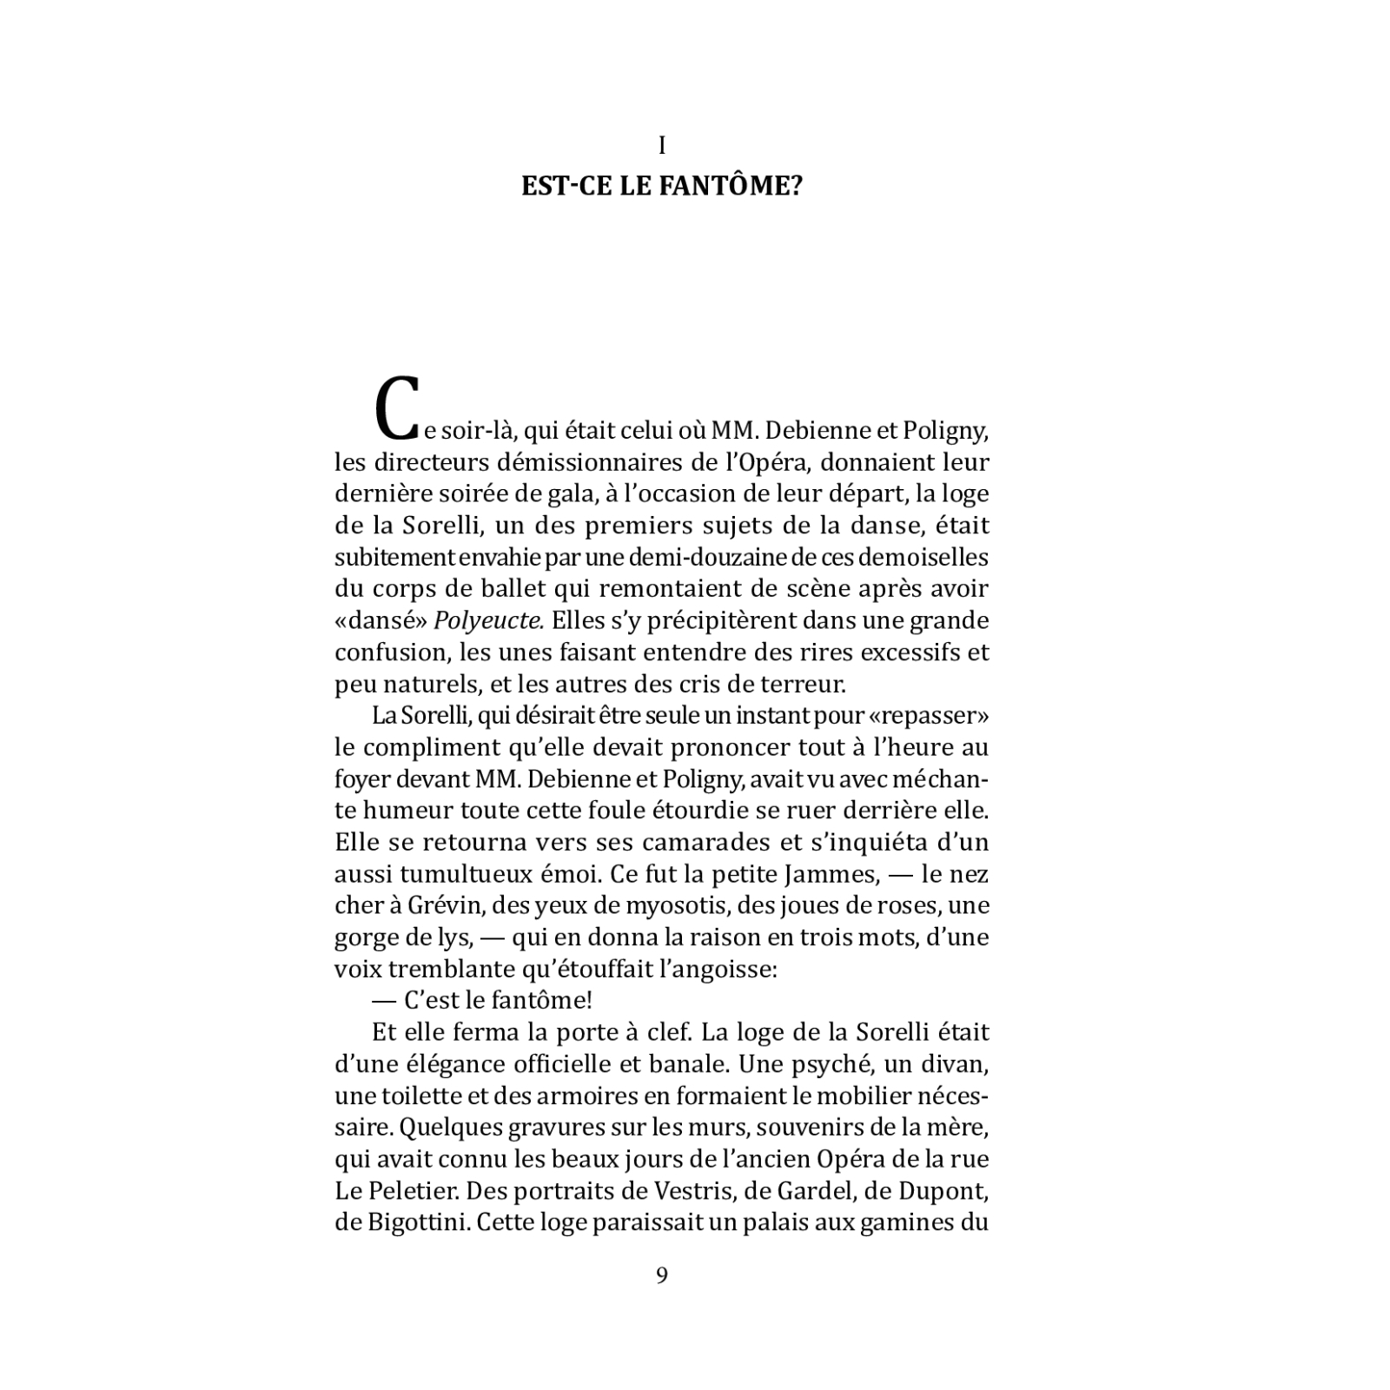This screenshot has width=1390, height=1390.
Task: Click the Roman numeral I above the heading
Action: click(662, 146)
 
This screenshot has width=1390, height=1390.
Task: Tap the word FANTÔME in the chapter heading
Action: click(725, 187)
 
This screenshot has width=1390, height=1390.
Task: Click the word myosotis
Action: click(670, 906)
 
